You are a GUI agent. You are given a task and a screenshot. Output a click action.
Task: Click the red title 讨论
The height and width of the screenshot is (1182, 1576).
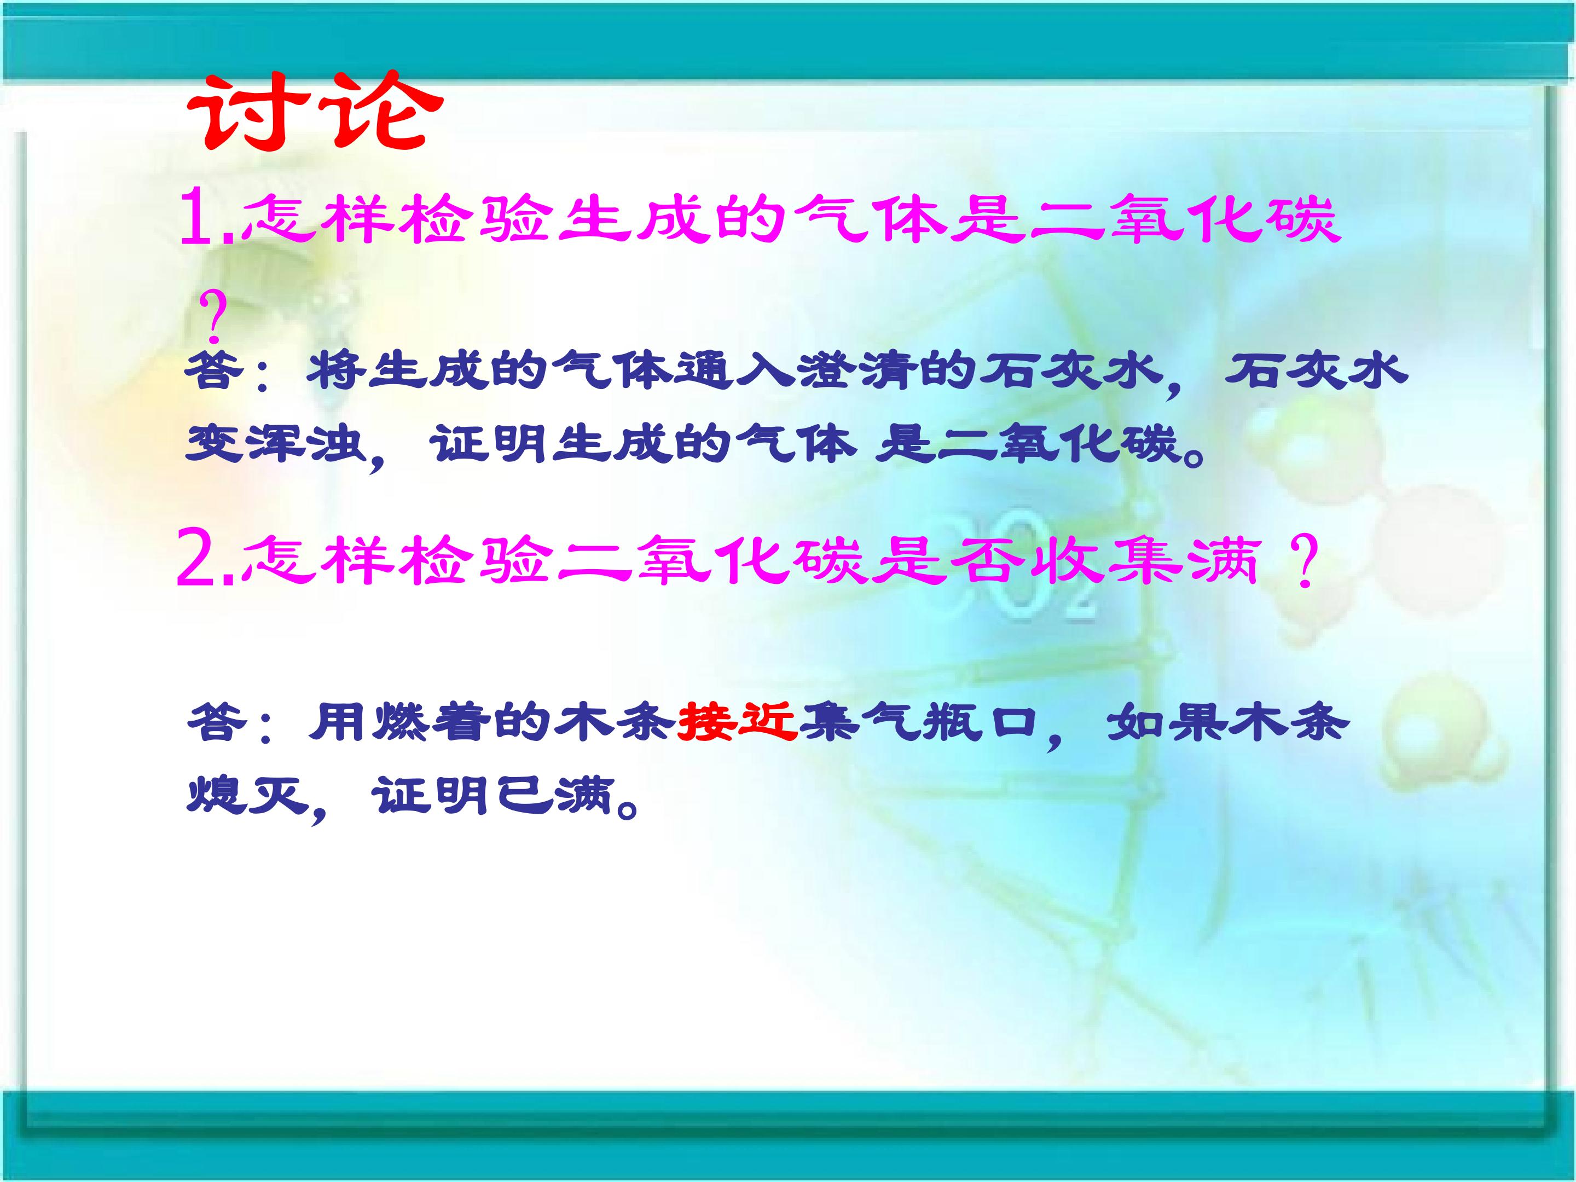click(314, 113)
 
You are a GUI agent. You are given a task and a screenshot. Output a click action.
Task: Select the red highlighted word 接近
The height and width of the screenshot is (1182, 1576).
click(736, 722)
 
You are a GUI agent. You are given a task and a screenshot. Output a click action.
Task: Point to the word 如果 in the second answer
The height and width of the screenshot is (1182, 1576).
click(1168, 722)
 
